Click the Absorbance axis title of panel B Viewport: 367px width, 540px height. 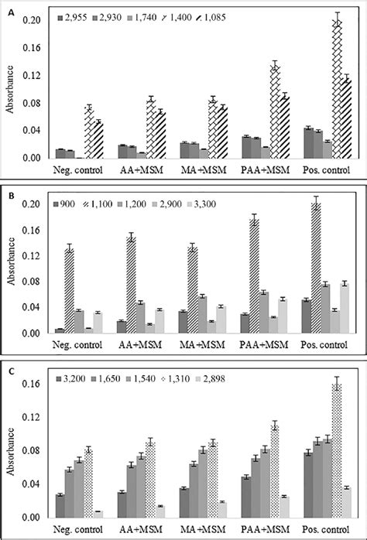[10, 270]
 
